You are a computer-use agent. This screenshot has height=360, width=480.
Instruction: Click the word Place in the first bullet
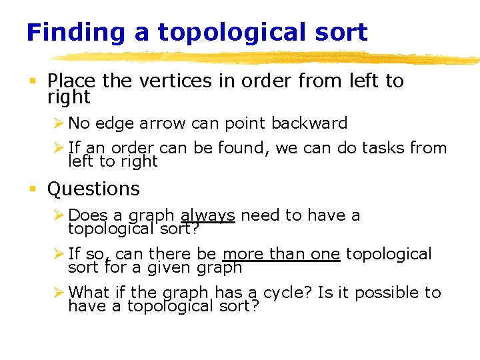click(71, 81)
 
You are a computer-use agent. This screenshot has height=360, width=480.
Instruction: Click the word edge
click(110, 123)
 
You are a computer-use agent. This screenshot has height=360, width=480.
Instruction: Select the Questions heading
click(93, 189)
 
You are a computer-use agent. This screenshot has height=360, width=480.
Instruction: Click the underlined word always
click(207, 215)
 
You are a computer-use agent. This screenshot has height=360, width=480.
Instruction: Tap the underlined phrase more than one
click(281, 254)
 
